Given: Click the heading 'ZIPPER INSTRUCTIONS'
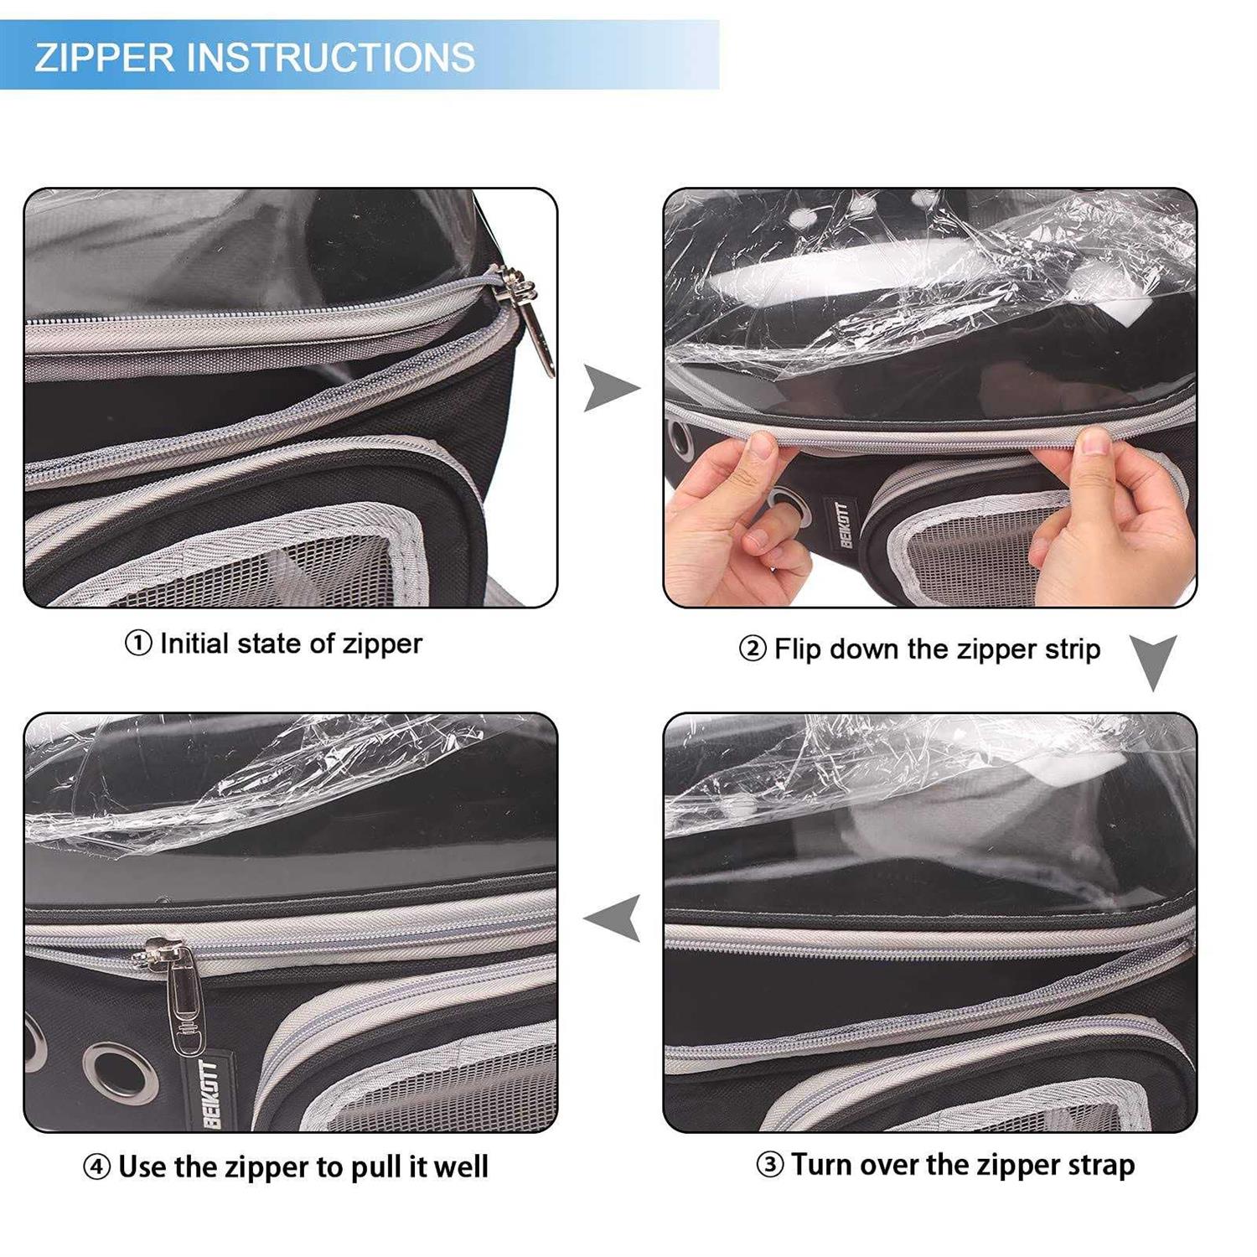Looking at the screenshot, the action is click(255, 57).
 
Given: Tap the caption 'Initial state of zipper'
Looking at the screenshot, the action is click(291, 644).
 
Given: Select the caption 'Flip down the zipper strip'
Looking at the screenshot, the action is click(937, 649).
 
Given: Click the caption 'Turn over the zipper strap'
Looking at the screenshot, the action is click(963, 1165).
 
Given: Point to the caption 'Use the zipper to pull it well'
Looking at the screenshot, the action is click(303, 1166).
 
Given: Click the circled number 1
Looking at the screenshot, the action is click(138, 644).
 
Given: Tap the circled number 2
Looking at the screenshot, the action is click(753, 649).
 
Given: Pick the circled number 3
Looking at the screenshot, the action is click(770, 1166).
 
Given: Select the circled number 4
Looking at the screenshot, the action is click(97, 1167).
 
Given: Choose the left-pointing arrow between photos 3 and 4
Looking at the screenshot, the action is click(613, 918).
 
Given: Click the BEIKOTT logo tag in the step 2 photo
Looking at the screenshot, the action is click(843, 524).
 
